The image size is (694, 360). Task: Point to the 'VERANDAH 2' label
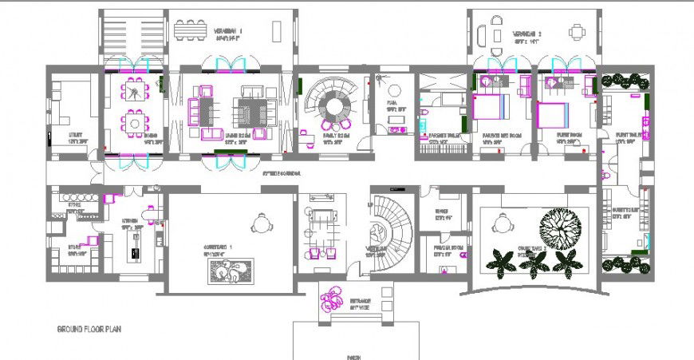point(526,34)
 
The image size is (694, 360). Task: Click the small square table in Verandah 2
point(577,32)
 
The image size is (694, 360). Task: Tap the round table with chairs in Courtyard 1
point(260,224)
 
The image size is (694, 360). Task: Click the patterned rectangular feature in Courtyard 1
point(231,271)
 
